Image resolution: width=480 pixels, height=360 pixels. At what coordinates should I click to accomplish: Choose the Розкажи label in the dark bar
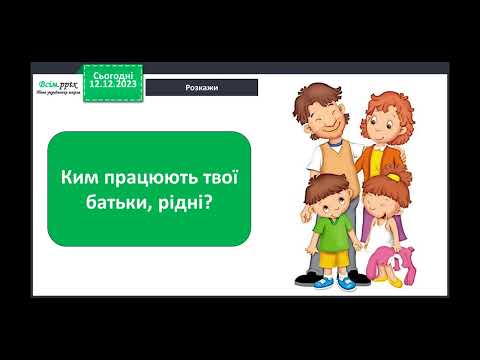203,87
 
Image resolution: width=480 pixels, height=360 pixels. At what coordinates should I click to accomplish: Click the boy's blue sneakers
335,283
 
